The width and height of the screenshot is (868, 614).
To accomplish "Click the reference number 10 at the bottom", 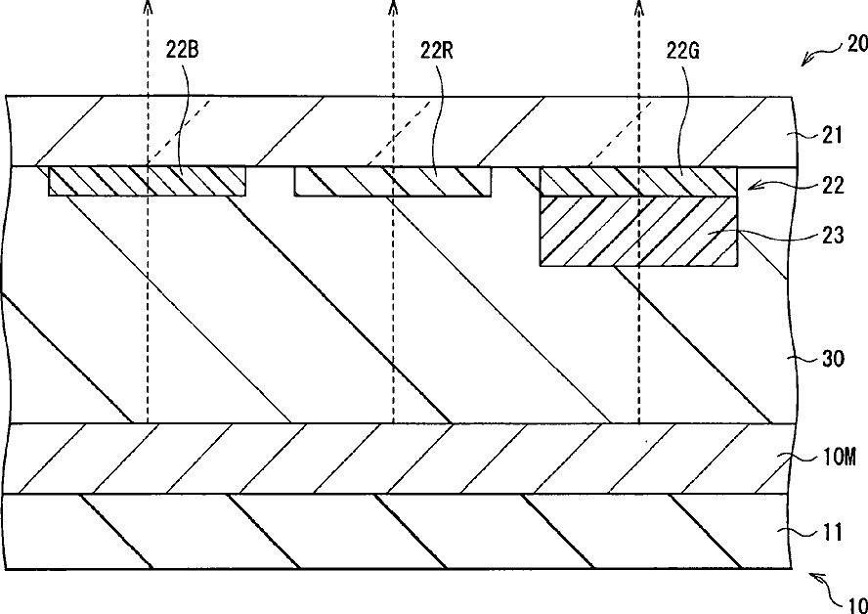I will coord(852,603).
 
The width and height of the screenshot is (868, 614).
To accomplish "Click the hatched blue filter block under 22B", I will coord(147,181).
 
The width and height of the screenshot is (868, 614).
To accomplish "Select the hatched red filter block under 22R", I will coord(393,181).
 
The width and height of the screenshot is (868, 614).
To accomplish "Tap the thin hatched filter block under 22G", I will coord(638,181).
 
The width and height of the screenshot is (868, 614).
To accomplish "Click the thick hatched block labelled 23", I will coord(638,230).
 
